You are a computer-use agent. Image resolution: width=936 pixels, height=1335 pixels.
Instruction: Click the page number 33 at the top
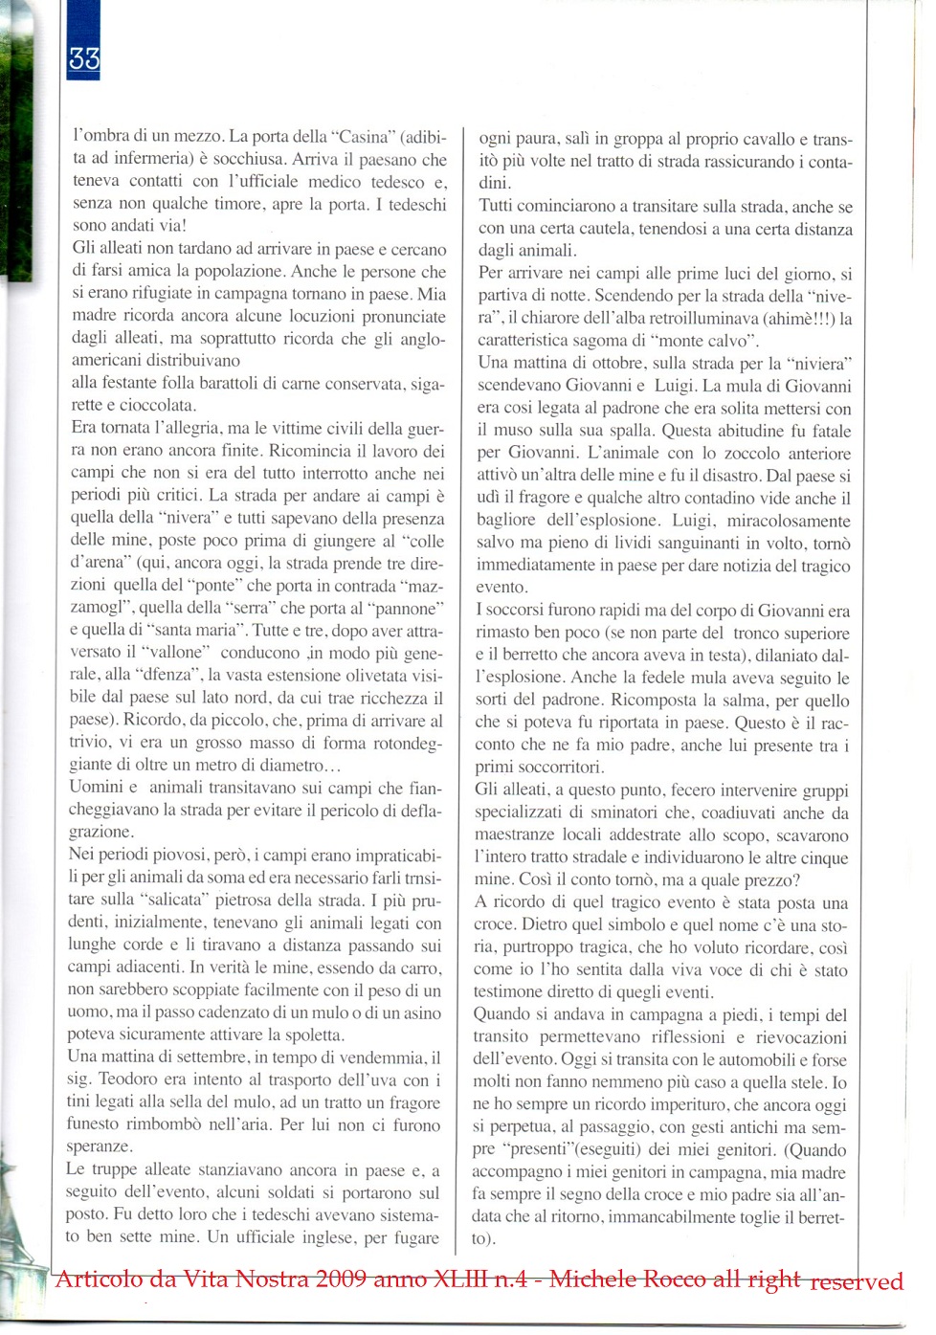[x=84, y=59]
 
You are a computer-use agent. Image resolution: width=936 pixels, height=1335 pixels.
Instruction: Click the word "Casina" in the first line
[x=364, y=137]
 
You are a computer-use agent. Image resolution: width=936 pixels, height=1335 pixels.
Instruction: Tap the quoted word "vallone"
[x=177, y=653]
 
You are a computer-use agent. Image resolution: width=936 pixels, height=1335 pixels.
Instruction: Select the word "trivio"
[x=91, y=743]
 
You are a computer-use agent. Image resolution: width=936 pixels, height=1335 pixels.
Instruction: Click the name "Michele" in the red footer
[x=595, y=1279]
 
